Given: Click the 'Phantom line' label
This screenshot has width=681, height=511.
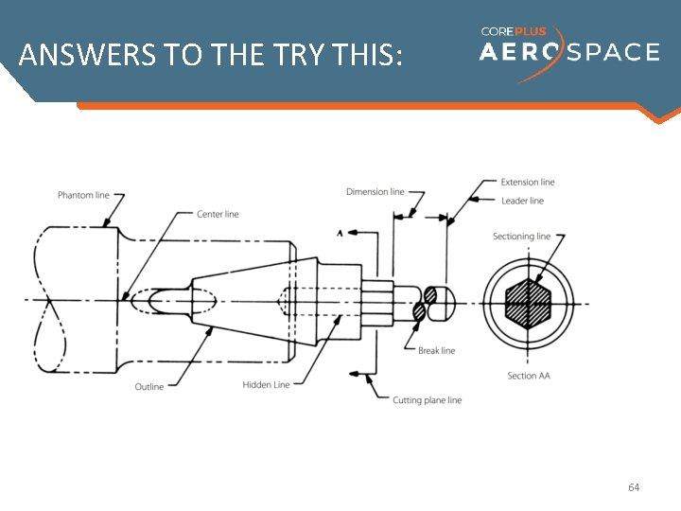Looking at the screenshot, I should click(x=83, y=195).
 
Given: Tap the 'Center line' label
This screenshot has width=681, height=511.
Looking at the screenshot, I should click(x=218, y=214).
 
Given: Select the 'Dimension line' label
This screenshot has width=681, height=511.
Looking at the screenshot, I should click(x=375, y=192).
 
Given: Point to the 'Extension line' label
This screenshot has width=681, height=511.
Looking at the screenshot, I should click(x=528, y=183).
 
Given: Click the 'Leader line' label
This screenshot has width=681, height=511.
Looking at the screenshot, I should click(x=522, y=201).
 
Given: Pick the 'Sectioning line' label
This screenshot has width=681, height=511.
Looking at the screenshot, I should click(x=521, y=237).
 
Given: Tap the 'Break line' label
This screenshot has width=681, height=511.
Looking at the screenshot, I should click(x=436, y=351).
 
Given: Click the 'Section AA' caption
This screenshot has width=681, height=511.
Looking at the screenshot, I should click(x=528, y=377).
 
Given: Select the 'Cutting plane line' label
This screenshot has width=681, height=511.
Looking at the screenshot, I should click(x=428, y=400).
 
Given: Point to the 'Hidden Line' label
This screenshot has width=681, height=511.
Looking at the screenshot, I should click(x=266, y=385).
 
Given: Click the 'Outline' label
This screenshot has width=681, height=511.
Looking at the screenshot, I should click(x=148, y=387).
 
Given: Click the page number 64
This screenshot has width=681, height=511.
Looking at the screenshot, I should click(x=634, y=487).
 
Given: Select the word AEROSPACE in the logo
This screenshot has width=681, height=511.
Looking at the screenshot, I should click(x=569, y=53).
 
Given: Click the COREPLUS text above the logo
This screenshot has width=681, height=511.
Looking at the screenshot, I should click(x=513, y=31).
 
